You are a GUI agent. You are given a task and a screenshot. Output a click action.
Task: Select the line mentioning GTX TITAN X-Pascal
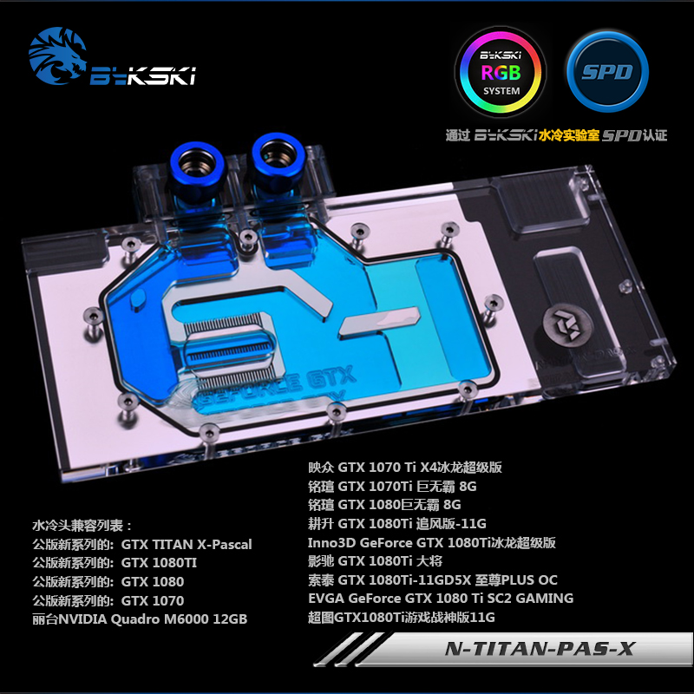(x=141, y=545)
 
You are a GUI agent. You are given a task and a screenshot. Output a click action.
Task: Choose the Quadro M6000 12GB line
(x=139, y=619)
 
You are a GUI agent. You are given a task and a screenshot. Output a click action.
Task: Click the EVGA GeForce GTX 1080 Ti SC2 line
(x=441, y=599)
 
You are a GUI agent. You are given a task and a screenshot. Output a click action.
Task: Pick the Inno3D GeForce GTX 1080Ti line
(x=431, y=542)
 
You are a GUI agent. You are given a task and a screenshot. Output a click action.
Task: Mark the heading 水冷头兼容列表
(x=82, y=526)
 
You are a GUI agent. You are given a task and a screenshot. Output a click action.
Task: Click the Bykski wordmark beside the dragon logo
(x=143, y=76)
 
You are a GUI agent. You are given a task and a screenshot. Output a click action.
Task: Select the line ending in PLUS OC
(x=433, y=579)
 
